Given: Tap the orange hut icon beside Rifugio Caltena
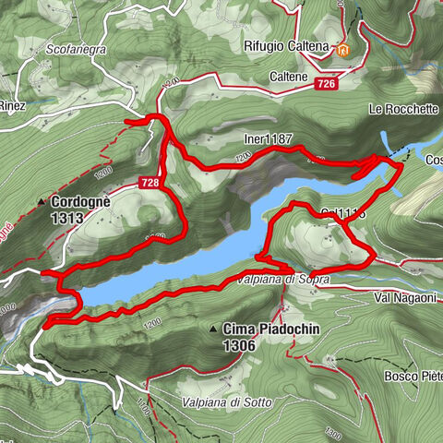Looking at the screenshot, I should point(344,48).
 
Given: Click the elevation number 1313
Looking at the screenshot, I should point(69,218).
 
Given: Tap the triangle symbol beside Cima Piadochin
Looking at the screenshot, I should point(214,328).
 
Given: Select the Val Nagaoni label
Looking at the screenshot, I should point(405,297).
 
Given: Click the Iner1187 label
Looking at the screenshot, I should point(268,139).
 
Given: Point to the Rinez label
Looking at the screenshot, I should point(11,105).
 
